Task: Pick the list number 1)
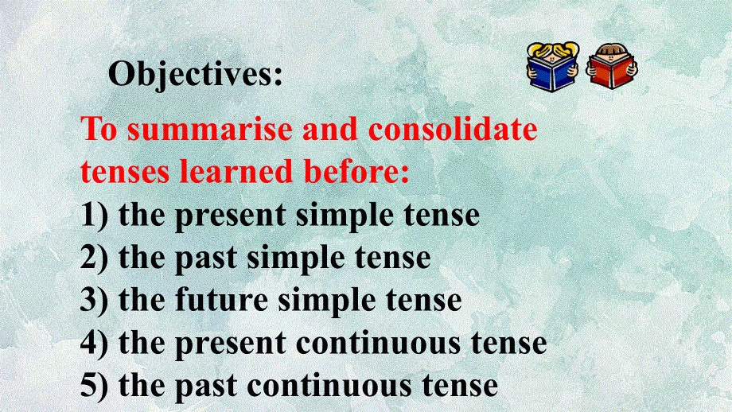[95, 216]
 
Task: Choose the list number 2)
[95, 258]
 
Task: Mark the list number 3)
[95, 301]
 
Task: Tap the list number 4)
[95, 344]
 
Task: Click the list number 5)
[95, 387]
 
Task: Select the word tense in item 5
[462, 387]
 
